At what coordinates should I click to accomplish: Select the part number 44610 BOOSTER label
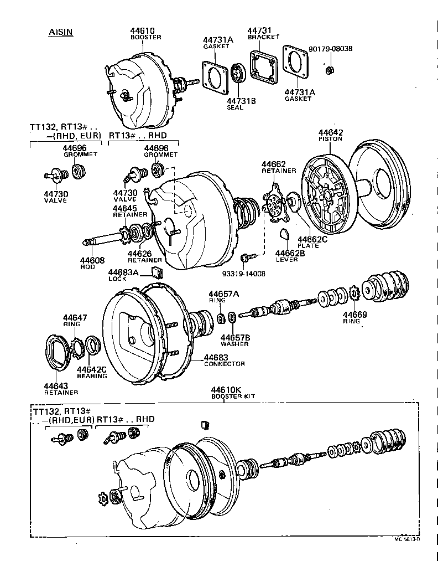145,34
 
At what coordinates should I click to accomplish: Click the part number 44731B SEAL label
241,104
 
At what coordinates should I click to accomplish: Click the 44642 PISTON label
330,135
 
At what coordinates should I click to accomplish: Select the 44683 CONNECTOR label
224,360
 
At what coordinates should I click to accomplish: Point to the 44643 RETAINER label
57,389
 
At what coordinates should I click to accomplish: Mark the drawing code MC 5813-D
407,539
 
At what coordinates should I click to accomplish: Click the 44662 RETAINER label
275,167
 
